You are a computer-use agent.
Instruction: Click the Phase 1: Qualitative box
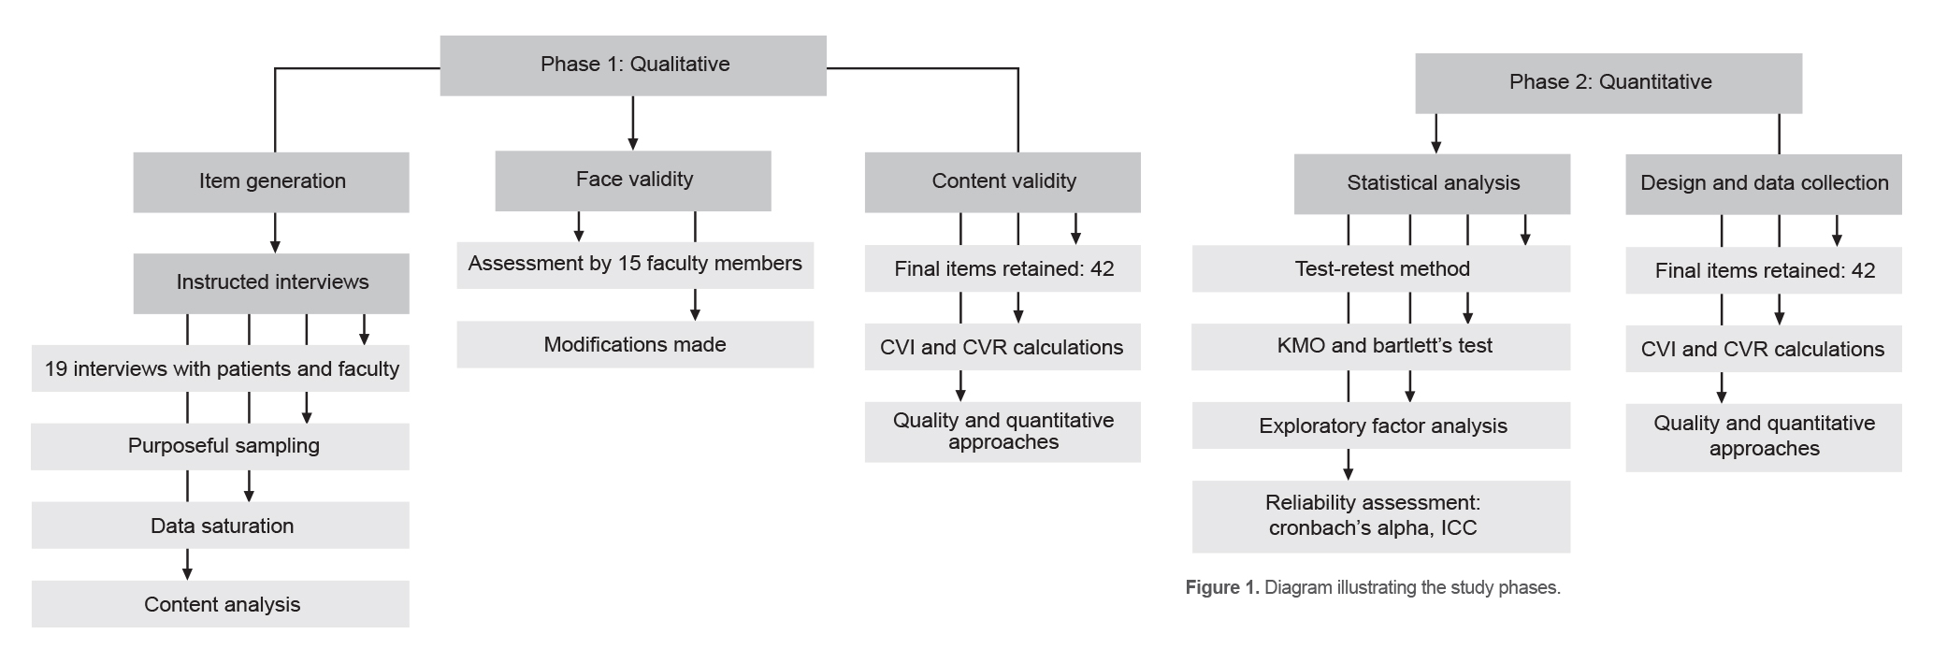(x=633, y=65)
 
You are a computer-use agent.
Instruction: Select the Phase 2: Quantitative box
(x=1608, y=82)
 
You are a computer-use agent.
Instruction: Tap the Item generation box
(x=271, y=181)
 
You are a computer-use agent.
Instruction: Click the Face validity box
(x=633, y=180)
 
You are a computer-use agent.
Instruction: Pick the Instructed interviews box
(x=271, y=282)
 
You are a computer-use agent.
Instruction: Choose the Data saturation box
(x=222, y=526)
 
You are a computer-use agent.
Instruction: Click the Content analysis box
(x=222, y=604)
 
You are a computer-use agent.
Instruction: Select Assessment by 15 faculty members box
(x=635, y=265)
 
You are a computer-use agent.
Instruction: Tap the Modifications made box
(x=635, y=344)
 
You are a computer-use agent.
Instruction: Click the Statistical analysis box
(x=1432, y=183)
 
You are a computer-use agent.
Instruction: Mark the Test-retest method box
(x=1381, y=269)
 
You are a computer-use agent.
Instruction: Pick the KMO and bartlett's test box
(x=1383, y=346)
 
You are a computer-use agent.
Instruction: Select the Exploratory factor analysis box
(x=1381, y=426)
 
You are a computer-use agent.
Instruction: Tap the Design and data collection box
(x=1763, y=183)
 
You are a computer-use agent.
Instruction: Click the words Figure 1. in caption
(x=1221, y=588)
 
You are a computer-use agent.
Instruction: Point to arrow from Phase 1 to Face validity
(x=633, y=123)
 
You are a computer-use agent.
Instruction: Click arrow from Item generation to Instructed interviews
(x=275, y=234)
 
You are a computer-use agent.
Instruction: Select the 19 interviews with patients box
(x=222, y=368)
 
